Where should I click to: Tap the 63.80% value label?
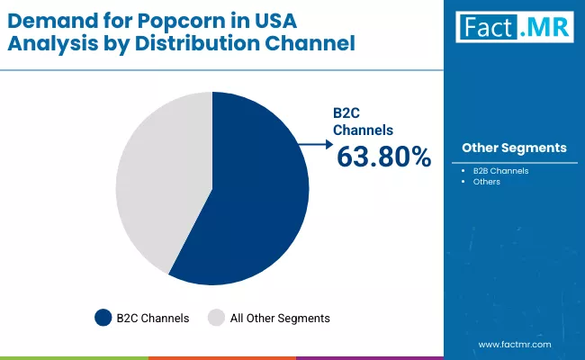(x=383, y=157)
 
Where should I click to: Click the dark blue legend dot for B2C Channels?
(x=102, y=318)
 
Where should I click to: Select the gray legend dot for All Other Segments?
(x=216, y=318)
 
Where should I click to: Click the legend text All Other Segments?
(x=281, y=318)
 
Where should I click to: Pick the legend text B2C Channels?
(x=153, y=318)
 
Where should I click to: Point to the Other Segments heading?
(x=514, y=148)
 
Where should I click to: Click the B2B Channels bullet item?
(x=500, y=170)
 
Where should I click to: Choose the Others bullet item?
(x=486, y=182)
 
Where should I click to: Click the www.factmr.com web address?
(x=515, y=345)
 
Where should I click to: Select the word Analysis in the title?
(x=50, y=43)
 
